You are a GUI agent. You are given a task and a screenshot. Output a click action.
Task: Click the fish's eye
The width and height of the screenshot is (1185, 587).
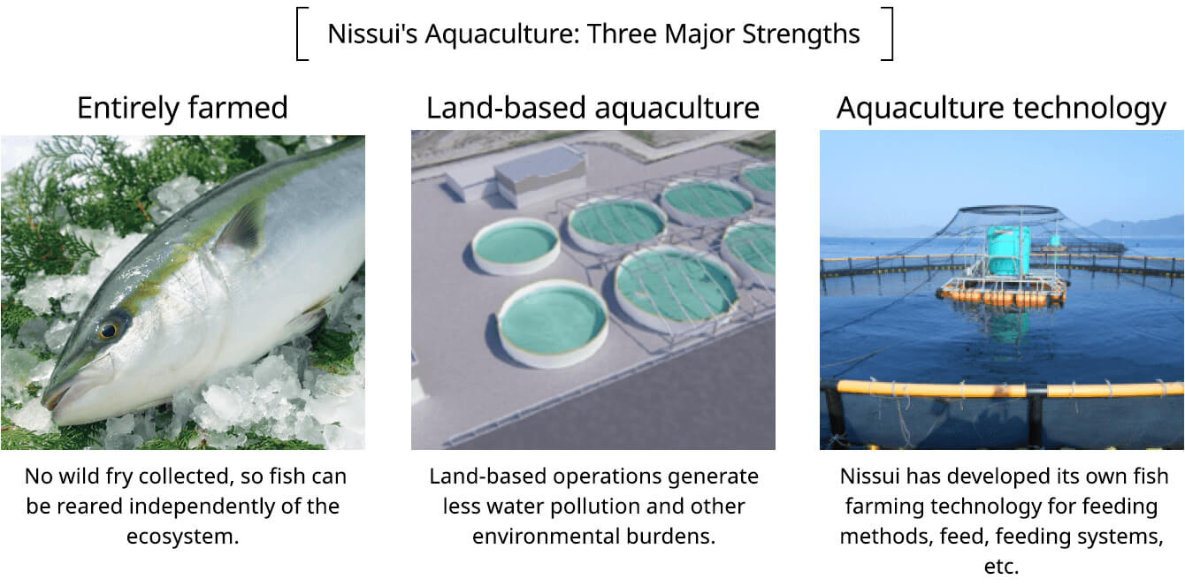[x=109, y=331]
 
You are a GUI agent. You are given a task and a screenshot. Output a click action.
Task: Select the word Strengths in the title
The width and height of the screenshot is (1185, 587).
[x=801, y=34]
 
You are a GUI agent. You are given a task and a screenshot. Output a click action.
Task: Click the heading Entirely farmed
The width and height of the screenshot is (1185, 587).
[x=182, y=108]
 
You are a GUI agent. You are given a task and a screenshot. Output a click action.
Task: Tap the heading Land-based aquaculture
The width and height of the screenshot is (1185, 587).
[x=593, y=108]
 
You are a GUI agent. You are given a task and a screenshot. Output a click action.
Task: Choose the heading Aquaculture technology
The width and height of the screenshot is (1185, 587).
[x=1001, y=108]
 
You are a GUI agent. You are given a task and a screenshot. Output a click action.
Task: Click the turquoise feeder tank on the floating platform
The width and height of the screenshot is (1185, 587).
[x=1008, y=250]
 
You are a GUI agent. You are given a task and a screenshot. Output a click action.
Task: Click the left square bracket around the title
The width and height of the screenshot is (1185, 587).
[x=302, y=34]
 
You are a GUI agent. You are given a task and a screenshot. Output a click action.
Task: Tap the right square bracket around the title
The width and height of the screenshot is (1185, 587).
[x=888, y=34]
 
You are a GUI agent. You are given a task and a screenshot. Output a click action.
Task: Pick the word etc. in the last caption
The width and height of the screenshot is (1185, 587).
[x=1001, y=567]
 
